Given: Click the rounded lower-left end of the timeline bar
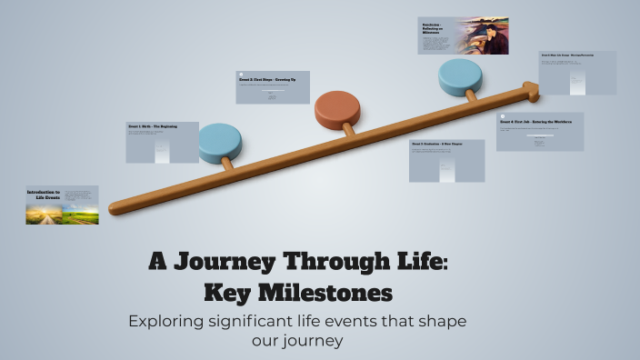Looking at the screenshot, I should coord(115,208).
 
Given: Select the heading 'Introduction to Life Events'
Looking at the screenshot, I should coord(43,195).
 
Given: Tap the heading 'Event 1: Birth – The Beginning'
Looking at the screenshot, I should coord(153,126).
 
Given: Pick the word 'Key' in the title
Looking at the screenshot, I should coord(232,294).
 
